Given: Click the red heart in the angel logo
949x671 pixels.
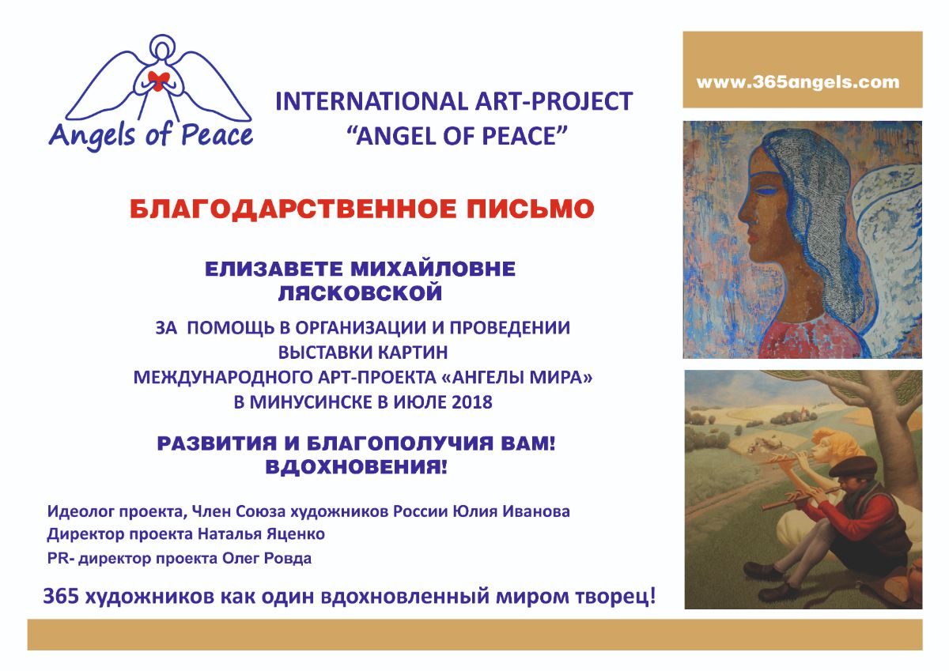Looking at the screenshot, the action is pyautogui.click(x=158, y=81).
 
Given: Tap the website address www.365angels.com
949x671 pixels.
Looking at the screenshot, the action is pyautogui.click(x=798, y=81).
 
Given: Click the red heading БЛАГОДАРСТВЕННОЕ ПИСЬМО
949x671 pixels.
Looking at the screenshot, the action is pyautogui.click(x=362, y=209).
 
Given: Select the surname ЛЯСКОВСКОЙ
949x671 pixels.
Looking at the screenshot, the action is pyautogui.click(x=360, y=293).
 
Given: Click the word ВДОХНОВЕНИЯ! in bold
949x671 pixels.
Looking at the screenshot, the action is pyautogui.click(x=356, y=467).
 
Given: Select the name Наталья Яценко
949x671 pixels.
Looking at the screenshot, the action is pyautogui.click(x=262, y=533).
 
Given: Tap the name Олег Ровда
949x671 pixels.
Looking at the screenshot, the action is pyautogui.click(x=267, y=558).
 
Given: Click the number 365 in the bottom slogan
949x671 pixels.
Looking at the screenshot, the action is pyautogui.click(x=61, y=596).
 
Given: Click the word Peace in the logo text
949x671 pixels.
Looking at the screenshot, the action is pyautogui.click(x=217, y=135).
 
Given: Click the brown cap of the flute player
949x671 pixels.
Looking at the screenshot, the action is pyautogui.click(x=853, y=467).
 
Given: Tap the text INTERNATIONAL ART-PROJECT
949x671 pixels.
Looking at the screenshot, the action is pyautogui.click(x=454, y=101).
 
